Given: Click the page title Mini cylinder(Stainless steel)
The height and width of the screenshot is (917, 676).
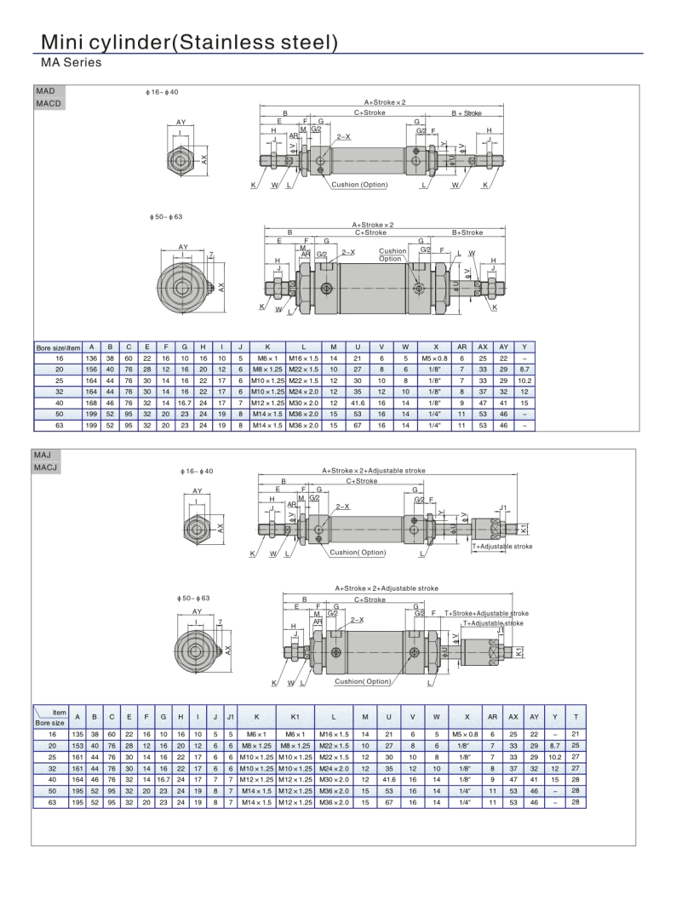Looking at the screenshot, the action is (189, 42).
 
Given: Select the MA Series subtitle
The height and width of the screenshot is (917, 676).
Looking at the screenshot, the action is (71, 62).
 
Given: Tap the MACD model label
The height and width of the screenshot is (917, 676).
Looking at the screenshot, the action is (48, 104).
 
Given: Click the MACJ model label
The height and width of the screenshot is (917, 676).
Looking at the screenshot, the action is (46, 467).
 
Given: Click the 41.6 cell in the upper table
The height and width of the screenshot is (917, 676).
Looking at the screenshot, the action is (358, 403).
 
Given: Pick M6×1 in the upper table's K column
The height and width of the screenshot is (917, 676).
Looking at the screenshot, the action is (267, 358).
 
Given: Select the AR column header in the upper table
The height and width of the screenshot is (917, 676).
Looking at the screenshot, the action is (461, 347).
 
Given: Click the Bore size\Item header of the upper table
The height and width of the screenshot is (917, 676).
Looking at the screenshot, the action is (58, 347).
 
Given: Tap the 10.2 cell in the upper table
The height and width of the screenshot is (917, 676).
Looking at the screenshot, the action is (524, 381).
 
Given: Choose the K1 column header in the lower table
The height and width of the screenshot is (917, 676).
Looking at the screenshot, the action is (295, 717).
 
